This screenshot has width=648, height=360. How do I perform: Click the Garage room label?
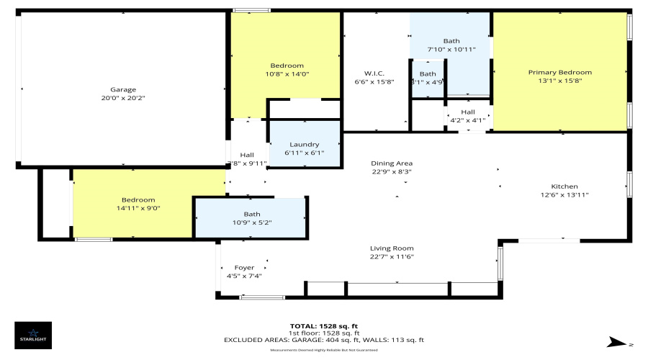tap(122, 90)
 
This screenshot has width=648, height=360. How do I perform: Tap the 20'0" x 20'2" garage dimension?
tap(122, 98)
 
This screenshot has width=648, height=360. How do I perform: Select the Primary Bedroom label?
tap(559, 72)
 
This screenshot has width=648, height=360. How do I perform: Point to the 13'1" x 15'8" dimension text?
tap(559, 81)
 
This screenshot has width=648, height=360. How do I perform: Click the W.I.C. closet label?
tap(374, 73)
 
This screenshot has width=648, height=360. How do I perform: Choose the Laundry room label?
tap(304, 145)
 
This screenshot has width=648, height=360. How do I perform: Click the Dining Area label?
tap(392, 163)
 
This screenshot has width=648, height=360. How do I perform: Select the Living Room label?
tap(392, 248)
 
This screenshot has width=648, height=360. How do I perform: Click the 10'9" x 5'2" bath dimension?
tap(252, 222)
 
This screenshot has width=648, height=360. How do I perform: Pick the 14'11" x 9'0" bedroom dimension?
tap(138, 208)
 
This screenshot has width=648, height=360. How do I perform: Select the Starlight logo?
tap(32, 335)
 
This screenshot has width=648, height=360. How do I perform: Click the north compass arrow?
tap(618, 341)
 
